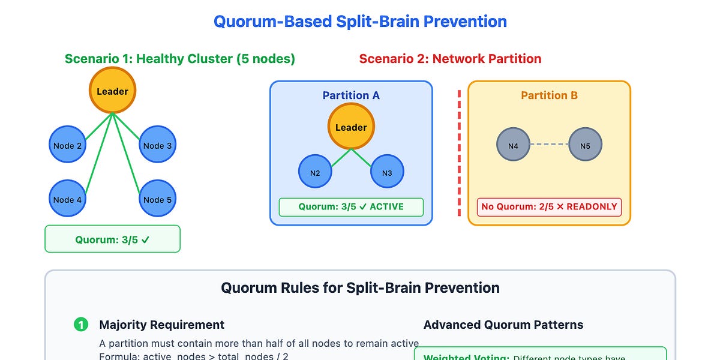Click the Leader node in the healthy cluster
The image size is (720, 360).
[113, 91]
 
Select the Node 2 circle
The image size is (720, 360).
[67, 145]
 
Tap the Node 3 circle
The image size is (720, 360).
[158, 145]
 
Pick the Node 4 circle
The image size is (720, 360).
[67, 199]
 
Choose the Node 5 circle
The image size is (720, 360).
[158, 199]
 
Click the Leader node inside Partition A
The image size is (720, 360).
[351, 127]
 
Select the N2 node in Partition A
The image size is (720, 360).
[315, 173]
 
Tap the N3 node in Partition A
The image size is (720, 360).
[387, 173]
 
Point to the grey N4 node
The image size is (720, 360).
[513, 145]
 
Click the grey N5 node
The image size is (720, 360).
[585, 145]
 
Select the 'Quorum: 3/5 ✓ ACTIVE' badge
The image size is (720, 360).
[351, 207]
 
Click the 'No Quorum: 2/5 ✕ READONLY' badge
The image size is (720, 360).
[549, 207]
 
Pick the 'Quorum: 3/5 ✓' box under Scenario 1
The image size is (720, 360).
[113, 239]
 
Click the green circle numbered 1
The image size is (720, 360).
[80, 325]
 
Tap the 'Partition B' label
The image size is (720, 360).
[549, 95]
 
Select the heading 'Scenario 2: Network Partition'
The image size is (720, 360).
[450, 59]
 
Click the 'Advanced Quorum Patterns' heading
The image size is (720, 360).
[503, 325]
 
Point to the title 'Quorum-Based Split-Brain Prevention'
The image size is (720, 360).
[360, 22]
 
